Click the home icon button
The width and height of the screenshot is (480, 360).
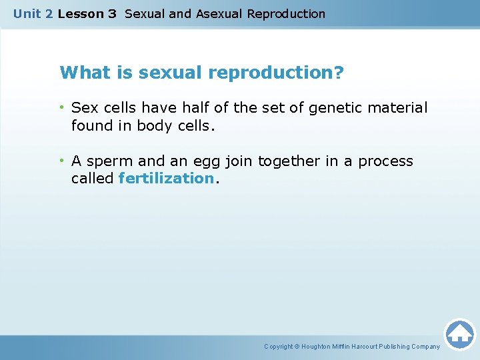click(459, 333)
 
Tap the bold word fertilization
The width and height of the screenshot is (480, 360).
click(166, 178)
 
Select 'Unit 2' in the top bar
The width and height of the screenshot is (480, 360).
click(33, 13)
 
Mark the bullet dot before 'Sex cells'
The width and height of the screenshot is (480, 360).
click(62, 107)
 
